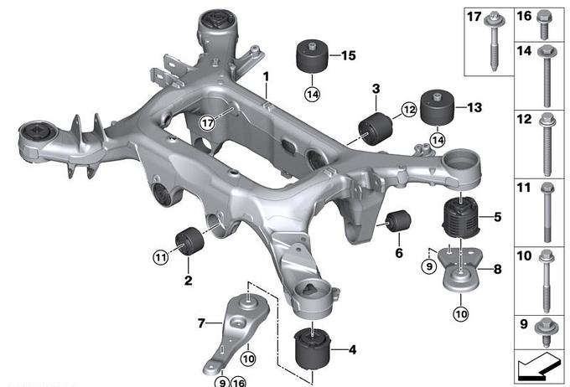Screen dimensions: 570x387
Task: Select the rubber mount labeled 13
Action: [x=438, y=107]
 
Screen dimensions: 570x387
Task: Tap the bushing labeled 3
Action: [x=376, y=129]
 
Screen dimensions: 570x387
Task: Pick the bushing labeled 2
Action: [x=189, y=241]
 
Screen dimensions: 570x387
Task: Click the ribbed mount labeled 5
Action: [x=460, y=217]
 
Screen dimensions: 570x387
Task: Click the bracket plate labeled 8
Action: [x=460, y=269]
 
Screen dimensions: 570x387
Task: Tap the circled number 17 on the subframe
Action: [x=208, y=123]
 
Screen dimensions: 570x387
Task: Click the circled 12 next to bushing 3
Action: [x=409, y=110]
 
